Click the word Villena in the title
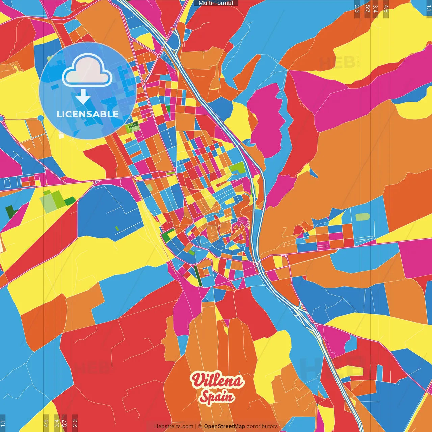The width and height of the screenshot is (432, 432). tap(217, 381)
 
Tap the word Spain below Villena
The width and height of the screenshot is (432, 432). tap(217, 397)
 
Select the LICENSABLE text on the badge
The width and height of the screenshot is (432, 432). tap(88, 114)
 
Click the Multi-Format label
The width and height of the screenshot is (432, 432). tap(216, 3)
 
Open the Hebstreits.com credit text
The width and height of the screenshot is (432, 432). tap(173, 426)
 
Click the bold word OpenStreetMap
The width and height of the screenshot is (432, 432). tap(224, 426)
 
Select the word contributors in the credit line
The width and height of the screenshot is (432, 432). tap(262, 426)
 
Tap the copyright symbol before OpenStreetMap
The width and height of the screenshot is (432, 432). tap(200, 426)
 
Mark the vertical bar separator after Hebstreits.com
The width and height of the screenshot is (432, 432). tap(196, 426)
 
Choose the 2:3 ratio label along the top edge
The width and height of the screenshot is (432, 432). tap(357, 9)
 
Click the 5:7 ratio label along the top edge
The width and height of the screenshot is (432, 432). tap(367, 9)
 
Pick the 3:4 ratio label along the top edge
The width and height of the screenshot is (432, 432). tap(375, 9)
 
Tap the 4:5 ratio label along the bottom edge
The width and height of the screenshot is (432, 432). tap(46, 422)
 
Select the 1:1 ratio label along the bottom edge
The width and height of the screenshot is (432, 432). tap(3, 423)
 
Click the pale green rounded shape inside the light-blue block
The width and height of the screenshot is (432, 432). tap(362, 217)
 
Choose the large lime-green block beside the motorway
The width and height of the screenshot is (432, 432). tap(237, 167)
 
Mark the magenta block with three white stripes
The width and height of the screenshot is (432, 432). tap(323, 245)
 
